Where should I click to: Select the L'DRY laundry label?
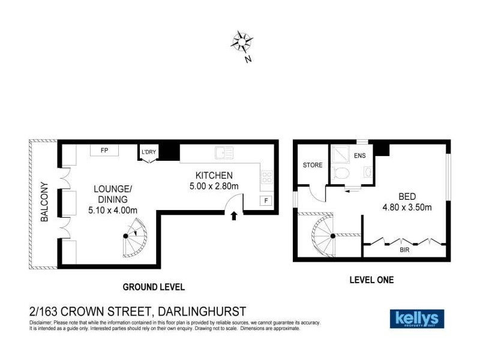(148, 152)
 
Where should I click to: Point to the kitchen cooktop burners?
(266, 178)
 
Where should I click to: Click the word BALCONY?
(44, 202)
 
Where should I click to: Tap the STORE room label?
(313, 165)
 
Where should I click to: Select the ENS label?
(359, 156)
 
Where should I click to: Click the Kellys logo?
(418, 318)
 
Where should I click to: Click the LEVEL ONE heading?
(372, 280)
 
